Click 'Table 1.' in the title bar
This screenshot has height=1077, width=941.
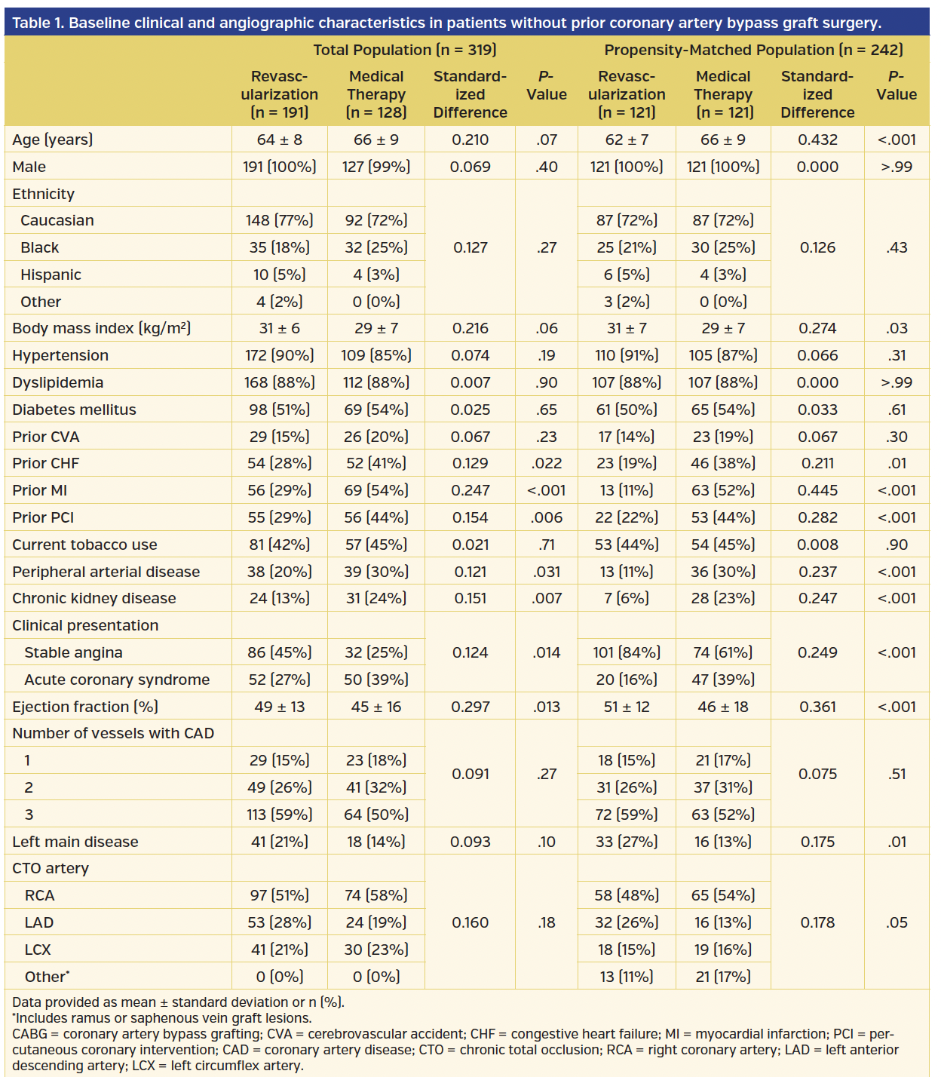pyautogui.click(x=38, y=23)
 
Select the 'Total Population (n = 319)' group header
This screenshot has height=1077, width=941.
pyautogui.click(x=404, y=50)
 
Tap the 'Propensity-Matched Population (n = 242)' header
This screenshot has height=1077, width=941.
pyautogui.click(x=752, y=50)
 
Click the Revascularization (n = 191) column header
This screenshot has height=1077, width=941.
pyautogui.click(x=279, y=94)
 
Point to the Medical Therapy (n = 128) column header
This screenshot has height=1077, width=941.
pyautogui.click(x=375, y=94)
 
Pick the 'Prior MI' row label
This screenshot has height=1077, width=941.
pyautogui.click(x=40, y=490)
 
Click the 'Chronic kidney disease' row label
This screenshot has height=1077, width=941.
pyautogui.click(x=94, y=598)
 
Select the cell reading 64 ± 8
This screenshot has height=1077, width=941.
pyautogui.click(x=279, y=140)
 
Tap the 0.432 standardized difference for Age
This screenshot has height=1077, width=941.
pyautogui.click(x=817, y=140)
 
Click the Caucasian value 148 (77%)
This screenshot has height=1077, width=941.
pyautogui.click(x=279, y=220)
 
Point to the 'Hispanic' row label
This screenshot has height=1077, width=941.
pyautogui.click(x=51, y=275)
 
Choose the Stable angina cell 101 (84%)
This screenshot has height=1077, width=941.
pyautogui.click(x=626, y=652)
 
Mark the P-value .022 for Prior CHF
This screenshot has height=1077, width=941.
pyautogui.click(x=546, y=463)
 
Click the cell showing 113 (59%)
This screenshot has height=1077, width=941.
pyautogui.click(x=279, y=815)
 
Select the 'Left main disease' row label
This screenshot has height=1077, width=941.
pyautogui.click(x=75, y=842)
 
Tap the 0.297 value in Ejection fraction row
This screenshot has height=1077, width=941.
pyautogui.click(x=470, y=707)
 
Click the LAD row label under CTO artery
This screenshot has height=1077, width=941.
pyautogui.click(x=39, y=922)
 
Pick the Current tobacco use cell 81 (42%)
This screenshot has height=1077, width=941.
pyautogui.click(x=279, y=545)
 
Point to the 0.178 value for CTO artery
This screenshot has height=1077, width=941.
pyautogui.click(x=817, y=922)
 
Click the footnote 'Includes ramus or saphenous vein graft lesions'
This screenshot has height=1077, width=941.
pyautogui.click(x=163, y=1018)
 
